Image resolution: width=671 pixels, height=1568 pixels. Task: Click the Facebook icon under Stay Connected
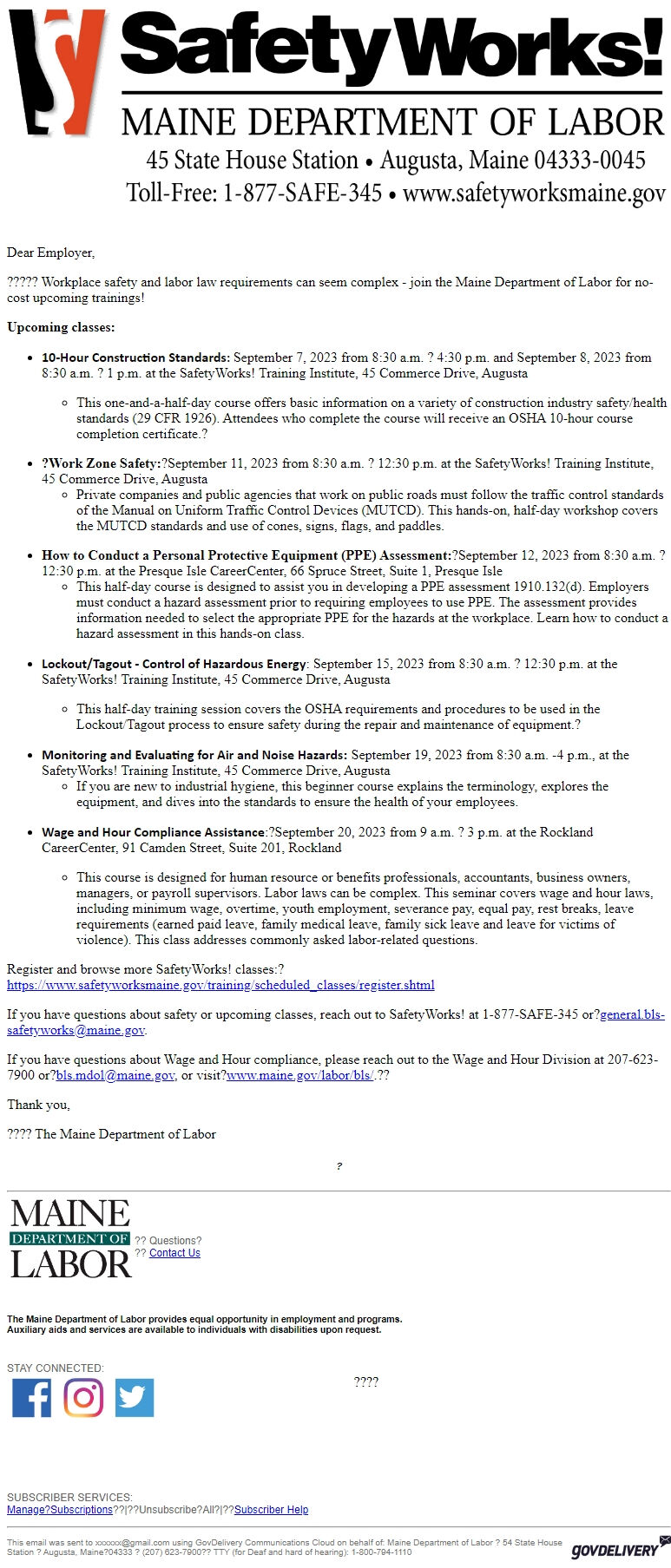coord(31,1397)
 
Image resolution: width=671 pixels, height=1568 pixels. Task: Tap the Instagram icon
coord(83,1397)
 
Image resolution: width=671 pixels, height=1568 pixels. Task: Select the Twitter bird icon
coord(135,1397)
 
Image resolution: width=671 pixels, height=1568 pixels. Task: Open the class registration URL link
coord(220,985)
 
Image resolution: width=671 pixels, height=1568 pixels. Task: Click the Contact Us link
coord(174,1253)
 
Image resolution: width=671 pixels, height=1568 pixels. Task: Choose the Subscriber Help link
coord(271,1509)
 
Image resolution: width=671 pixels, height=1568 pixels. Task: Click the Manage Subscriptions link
coord(60,1509)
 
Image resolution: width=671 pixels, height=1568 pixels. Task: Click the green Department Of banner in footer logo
coord(69,1238)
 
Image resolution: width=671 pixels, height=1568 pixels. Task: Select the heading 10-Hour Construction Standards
coord(135,358)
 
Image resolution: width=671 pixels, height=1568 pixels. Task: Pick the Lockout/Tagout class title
coord(174,664)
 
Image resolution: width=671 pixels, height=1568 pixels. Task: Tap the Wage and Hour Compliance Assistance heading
coord(153,832)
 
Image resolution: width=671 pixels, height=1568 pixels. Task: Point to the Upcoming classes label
coord(61,327)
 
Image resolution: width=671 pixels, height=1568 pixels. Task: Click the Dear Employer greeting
coord(50,253)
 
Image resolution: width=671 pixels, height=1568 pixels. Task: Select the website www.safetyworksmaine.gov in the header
coord(534,193)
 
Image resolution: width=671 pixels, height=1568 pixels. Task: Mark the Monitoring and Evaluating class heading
coord(194,755)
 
